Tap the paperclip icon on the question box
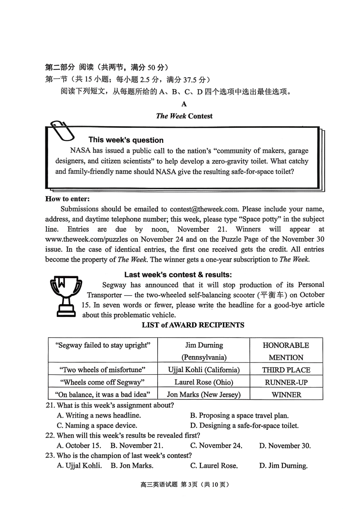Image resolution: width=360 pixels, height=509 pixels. tap(62, 131)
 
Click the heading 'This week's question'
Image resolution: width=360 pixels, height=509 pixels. tap(126, 140)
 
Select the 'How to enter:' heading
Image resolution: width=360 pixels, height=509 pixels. tap(67, 199)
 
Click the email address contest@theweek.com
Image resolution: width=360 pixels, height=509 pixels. tap(204, 209)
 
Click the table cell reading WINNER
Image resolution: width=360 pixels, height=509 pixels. tap(286, 395)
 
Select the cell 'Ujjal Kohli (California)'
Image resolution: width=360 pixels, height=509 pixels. tap(203, 370)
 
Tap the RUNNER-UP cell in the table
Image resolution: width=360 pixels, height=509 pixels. tap(286, 382)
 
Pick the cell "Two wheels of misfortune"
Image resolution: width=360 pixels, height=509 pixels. tap(103, 370)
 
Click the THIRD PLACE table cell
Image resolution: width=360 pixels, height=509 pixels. tap(286, 370)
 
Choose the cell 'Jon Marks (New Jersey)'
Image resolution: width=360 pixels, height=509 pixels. tap(203, 395)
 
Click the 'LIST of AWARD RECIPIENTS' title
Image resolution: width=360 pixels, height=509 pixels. tap(193, 325)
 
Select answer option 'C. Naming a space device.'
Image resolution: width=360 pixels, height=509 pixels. tap(97, 425)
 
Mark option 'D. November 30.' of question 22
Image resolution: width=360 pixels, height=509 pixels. tap(285, 445)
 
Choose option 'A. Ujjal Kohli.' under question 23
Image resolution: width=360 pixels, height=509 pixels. tap(79, 465)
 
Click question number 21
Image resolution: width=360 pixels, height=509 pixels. tap(50, 405)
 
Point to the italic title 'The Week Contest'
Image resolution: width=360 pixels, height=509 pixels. tap(184, 116)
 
